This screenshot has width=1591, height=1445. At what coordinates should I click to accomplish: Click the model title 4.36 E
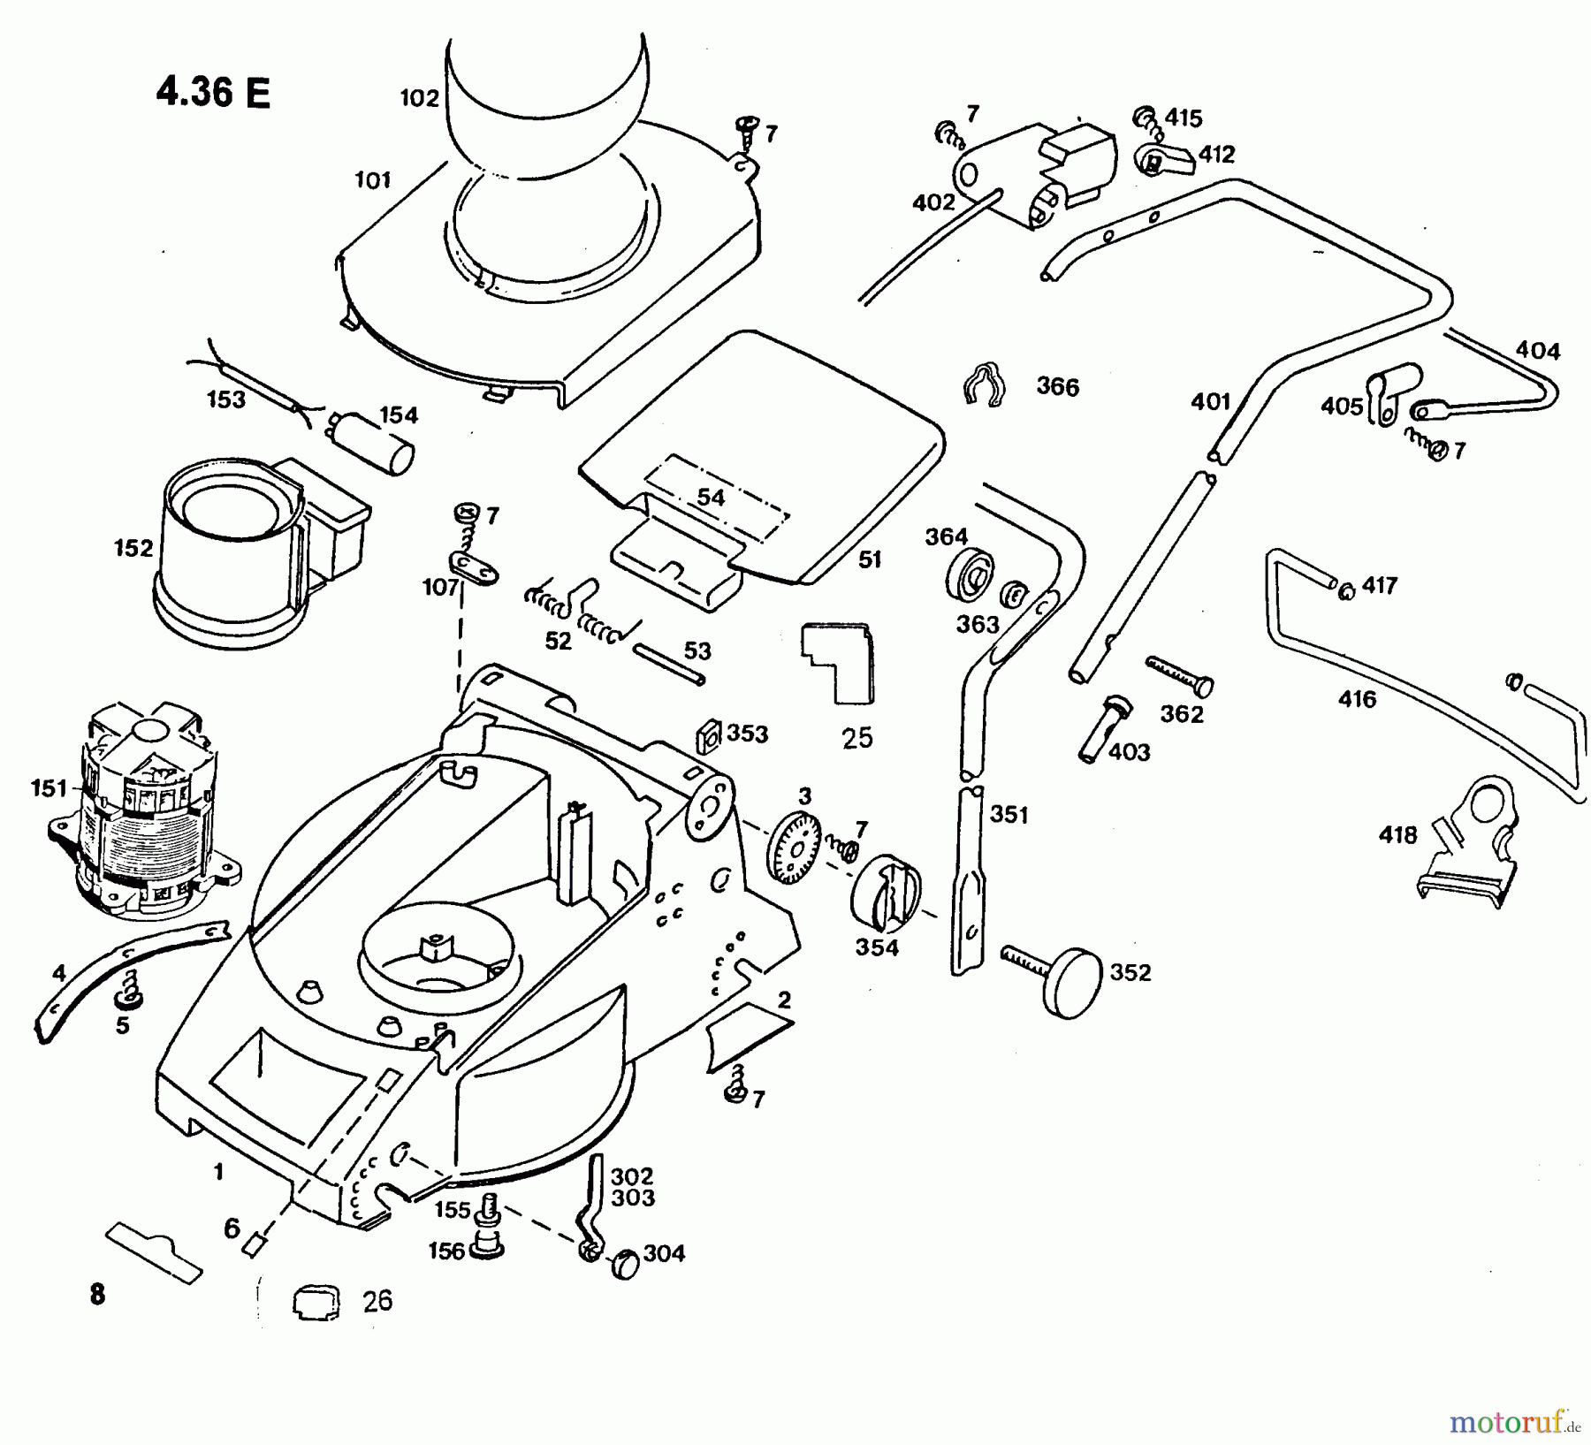click(213, 92)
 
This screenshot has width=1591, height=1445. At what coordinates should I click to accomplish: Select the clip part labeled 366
click(983, 384)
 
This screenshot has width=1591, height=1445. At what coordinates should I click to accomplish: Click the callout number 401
click(1210, 402)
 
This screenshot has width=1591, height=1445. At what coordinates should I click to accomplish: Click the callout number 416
click(1357, 700)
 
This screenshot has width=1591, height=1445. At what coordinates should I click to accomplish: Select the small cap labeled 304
click(625, 1265)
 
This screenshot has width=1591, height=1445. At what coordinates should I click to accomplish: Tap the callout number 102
click(419, 98)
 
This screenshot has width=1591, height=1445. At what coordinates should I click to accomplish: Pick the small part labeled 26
click(316, 1304)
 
